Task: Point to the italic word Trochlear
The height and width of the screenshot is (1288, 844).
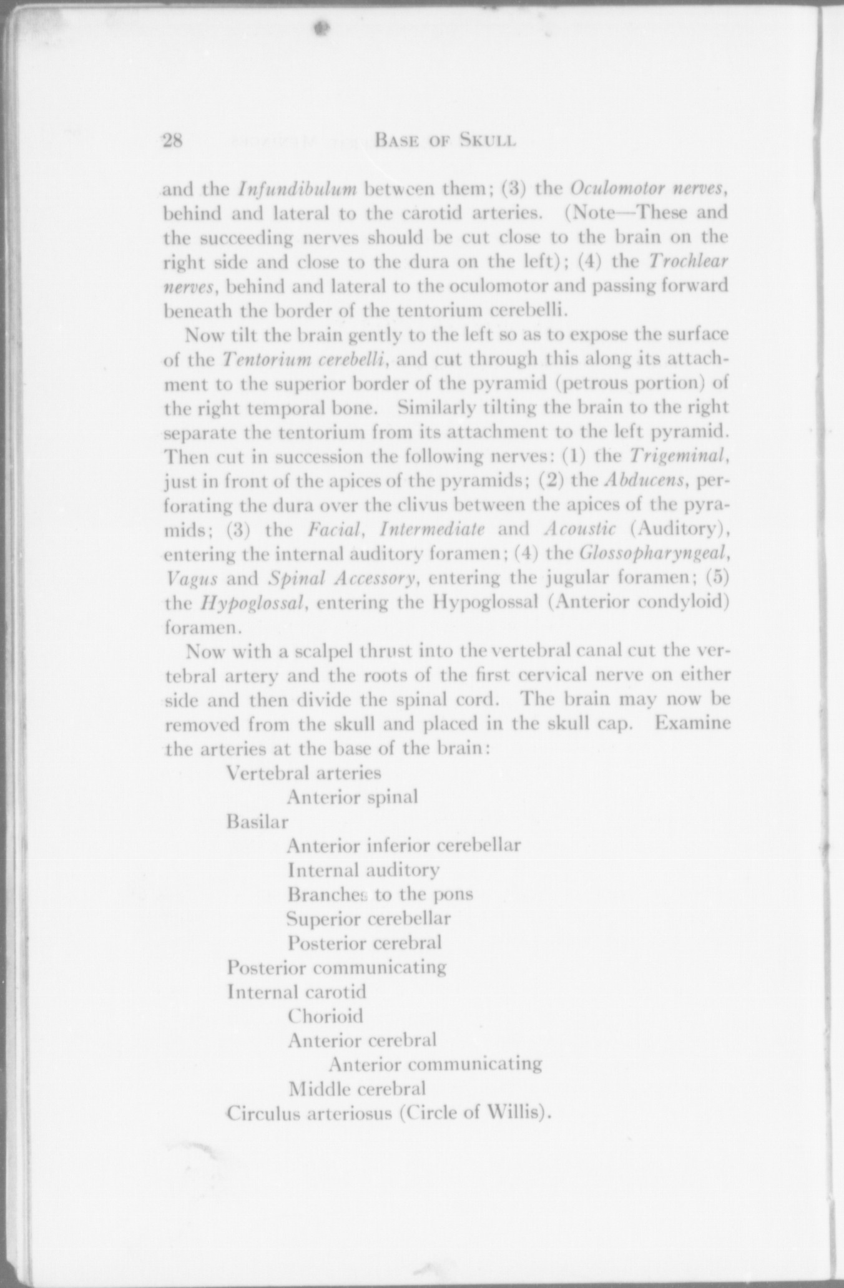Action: click(x=689, y=261)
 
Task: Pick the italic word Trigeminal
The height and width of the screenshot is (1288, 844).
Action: click(x=677, y=456)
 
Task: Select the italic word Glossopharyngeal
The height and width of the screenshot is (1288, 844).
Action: click(x=653, y=553)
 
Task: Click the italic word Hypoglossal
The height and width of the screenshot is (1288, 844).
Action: click(x=253, y=603)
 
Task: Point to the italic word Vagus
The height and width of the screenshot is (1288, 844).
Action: click(x=192, y=578)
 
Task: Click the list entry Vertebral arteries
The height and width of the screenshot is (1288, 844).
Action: click(x=303, y=773)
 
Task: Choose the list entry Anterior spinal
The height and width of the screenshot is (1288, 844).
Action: click(x=352, y=798)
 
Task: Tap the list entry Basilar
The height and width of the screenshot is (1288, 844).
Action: click(x=257, y=822)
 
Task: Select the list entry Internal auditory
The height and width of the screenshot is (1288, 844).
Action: click(x=363, y=870)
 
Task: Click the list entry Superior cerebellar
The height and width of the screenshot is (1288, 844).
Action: click(x=368, y=919)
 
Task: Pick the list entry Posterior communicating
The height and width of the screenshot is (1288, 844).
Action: click(x=336, y=968)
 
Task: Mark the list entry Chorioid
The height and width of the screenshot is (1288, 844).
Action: click(x=325, y=1016)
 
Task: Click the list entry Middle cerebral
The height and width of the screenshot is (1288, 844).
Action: click(x=357, y=1089)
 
